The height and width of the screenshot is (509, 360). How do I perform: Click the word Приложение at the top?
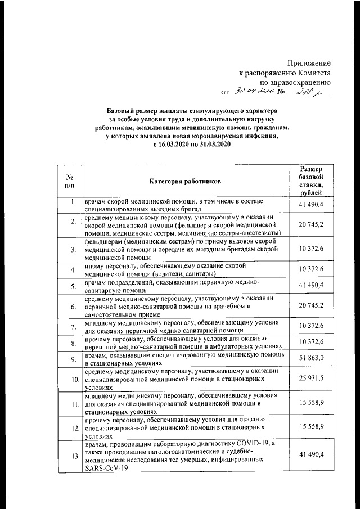(x=309, y=63)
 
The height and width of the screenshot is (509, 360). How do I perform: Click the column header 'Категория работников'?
(x=185, y=181)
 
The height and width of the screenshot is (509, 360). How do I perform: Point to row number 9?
(x=73, y=359)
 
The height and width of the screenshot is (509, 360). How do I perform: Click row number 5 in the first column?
(x=73, y=286)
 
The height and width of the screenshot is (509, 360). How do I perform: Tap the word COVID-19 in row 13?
(x=254, y=444)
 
